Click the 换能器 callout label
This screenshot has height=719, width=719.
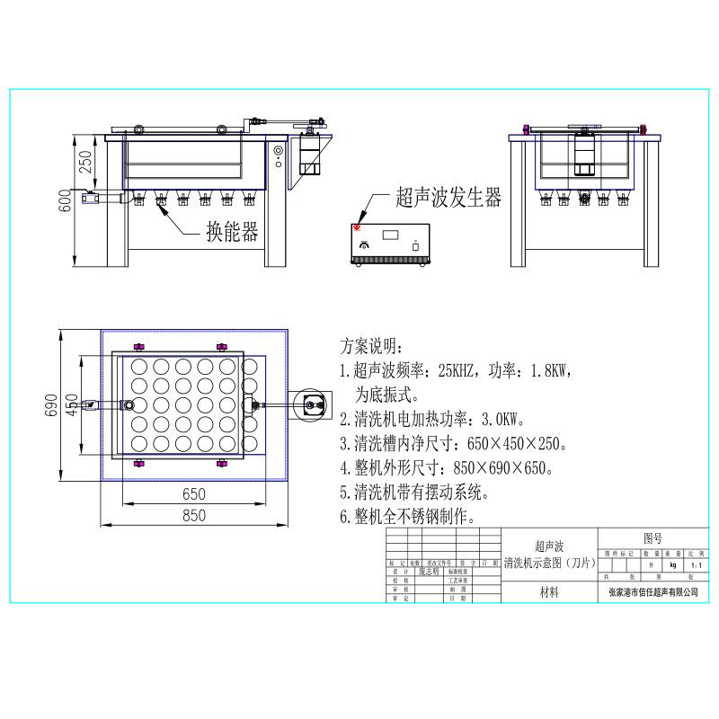pyautogui.click(x=232, y=233)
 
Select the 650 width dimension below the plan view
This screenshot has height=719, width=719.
pyautogui.click(x=193, y=493)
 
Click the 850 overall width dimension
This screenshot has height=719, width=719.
pyautogui.click(x=193, y=515)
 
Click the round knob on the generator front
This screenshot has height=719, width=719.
pyautogui.click(x=364, y=245)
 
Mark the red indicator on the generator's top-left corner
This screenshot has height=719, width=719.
pyautogui.click(x=358, y=226)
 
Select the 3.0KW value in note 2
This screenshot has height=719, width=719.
pyautogui.click(x=498, y=419)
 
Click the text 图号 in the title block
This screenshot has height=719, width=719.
pyautogui.click(x=652, y=538)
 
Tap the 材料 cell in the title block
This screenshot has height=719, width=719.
pyautogui.click(x=549, y=592)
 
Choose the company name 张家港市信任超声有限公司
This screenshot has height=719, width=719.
pyautogui.click(x=653, y=593)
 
